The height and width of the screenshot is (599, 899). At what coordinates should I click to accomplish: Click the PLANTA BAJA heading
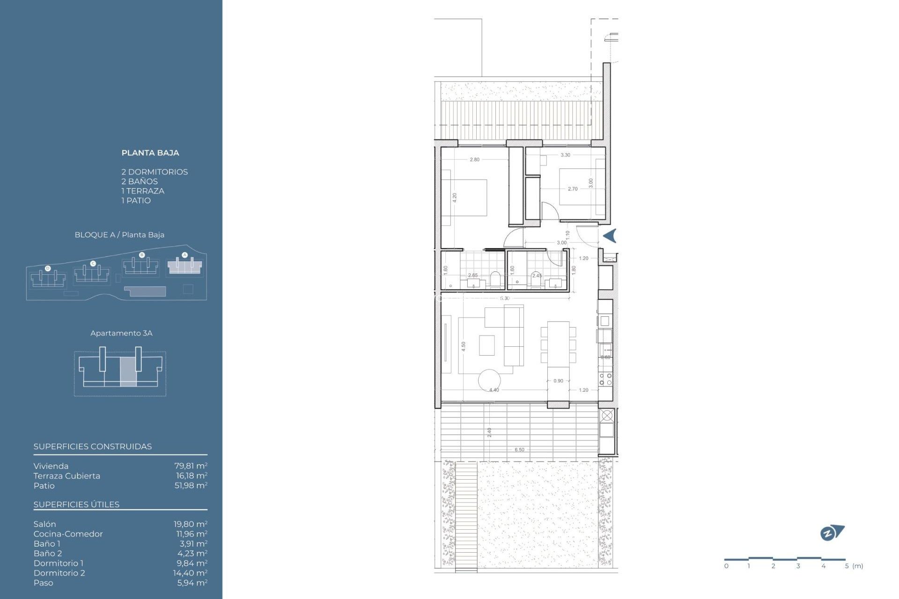pos(150,153)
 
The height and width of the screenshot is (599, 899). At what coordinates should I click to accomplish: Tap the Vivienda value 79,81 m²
pos(191,466)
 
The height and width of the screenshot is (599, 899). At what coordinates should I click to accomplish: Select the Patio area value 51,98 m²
pos(191,486)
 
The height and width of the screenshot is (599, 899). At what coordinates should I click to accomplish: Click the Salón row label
pos(44,524)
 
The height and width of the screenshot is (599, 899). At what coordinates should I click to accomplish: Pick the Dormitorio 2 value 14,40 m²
pos(190,573)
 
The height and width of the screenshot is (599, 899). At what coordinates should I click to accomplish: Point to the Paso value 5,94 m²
pos(192,583)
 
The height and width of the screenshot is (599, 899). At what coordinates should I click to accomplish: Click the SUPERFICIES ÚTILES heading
pos(76,504)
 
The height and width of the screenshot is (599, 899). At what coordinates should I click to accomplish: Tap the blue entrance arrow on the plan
pos(610,236)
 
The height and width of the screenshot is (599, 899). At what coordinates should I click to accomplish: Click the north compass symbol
pos(832,533)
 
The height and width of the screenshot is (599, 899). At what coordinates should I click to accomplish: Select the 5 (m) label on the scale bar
pos(854,566)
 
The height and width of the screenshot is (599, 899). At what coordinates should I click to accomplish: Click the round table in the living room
pos(489,380)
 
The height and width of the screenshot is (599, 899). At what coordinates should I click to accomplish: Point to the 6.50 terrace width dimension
pos(519,450)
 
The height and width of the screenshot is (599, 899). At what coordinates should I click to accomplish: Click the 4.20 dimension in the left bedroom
pos(454,197)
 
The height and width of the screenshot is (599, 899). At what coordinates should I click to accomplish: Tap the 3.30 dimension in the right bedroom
pos(565,155)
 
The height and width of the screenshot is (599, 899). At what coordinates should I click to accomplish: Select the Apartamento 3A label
pos(121,333)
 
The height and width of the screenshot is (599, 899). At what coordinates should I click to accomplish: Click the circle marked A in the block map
pos(184,255)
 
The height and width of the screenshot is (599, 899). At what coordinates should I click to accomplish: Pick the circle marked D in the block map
pos(48,268)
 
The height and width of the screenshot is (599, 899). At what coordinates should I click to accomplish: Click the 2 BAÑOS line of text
pos(140,182)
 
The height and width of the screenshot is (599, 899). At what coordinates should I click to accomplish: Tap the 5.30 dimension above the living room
pos(504,299)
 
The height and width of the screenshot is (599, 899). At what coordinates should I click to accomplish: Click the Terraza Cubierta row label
pos(66,476)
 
